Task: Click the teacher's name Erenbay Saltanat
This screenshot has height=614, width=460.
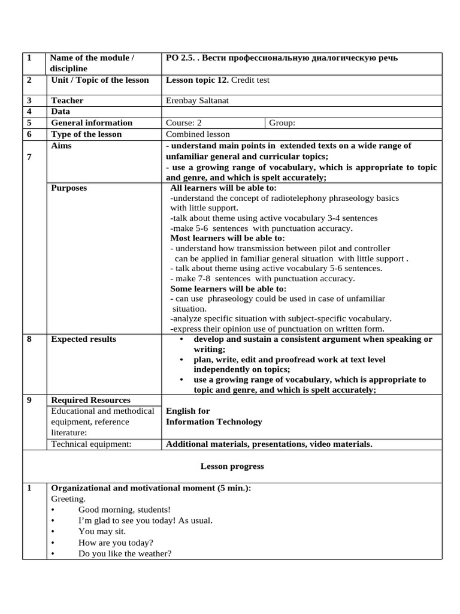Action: (x=197, y=101)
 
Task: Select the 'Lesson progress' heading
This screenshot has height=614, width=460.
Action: (x=232, y=466)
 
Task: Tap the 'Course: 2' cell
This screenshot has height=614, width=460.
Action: (x=188, y=123)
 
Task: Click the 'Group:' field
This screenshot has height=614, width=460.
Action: (x=282, y=123)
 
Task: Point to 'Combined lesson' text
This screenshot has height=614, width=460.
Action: (x=198, y=134)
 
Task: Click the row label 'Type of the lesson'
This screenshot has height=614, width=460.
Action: (x=86, y=134)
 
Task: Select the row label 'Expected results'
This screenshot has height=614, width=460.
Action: (x=84, y=339)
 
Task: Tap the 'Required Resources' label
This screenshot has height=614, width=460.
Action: (x=90, y=400)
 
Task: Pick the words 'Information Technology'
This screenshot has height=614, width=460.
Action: (x=214, y=422)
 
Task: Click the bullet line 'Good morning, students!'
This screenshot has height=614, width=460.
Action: (x=125, y=509)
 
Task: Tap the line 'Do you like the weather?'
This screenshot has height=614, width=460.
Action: (x=125, y=553)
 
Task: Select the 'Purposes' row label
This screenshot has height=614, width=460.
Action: (x=69, y=188)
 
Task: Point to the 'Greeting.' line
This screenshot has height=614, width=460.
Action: (x=68, y=498)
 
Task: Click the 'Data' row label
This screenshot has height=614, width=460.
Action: (x=60, y=112)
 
